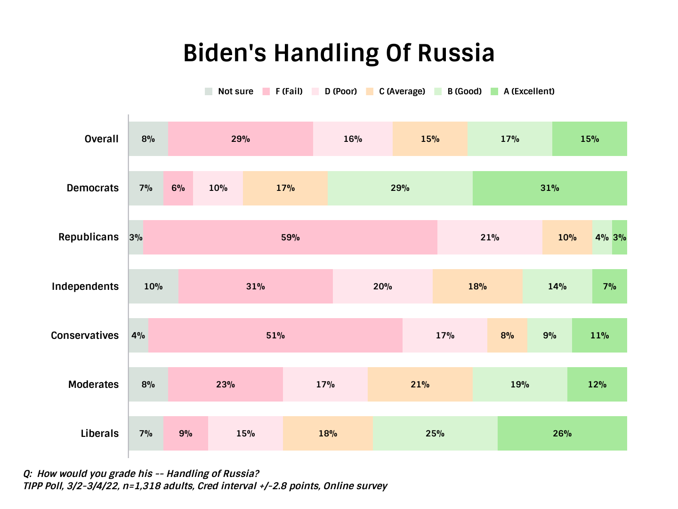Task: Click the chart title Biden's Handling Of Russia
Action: click(x=339, y=53)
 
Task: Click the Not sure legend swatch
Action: click(x=209, y=91)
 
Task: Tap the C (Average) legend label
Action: click(x=402, y=91)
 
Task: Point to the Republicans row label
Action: click(x=89, y=237)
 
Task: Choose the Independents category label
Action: click(x=85, y=287)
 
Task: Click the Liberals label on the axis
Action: click(x=100, y=434)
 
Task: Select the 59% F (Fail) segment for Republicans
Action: click(x=290, y=238)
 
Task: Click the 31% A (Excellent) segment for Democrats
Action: click(x=549, y=188)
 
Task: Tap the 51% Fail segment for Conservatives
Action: click(x=275, y=336)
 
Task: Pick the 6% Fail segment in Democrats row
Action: click(x=178, y=188)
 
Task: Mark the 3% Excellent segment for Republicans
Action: click(x=620, y=238)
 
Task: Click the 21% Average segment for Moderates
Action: click(x=420, y=385)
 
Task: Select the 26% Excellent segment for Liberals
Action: click(x=562, y=434)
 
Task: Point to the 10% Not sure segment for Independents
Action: click(x=153, y=287)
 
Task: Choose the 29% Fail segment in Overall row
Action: click(x=241, y=139)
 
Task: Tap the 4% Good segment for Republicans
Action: click(x=602, y=238)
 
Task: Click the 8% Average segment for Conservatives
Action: click(x=507, y=336)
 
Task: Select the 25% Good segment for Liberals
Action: click(x=435, y=434)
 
